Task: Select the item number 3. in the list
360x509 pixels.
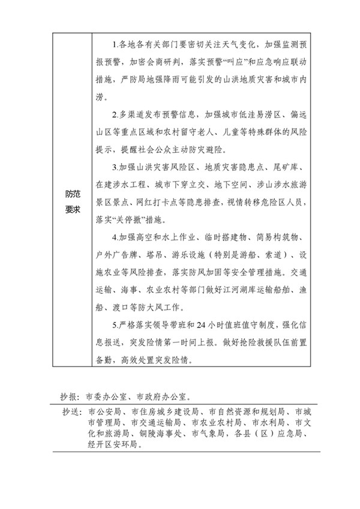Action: tap(115, 165)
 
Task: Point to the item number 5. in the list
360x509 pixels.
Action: tap(115, 326)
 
